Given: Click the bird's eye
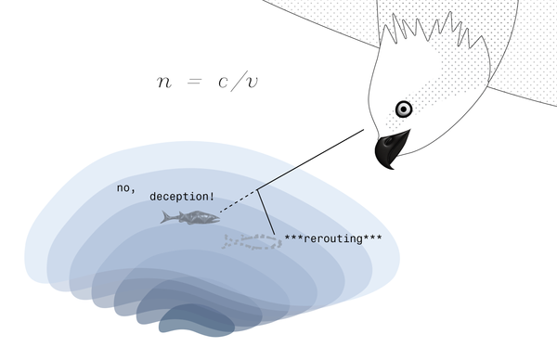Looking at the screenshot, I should pyautogui.click(x=404, y=109).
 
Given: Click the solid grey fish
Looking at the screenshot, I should pyautogui.click(x=190, y=217).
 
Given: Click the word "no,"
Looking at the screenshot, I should pyautogui.click(x=126, y=187).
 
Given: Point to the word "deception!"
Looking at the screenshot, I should pyautogui.click(x=182, y=197).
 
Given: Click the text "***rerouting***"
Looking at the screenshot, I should pyautogui.click(x=333, y=238).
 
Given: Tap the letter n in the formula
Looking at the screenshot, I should pyautogui.click(x=164, y=82).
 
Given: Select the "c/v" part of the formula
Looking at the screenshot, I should pyautogui.click(x=240, y=82).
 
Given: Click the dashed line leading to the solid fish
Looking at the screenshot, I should pyautogui.click(x=239, y=204).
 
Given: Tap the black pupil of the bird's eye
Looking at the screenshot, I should pyautogui.click(x=404, y=109).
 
